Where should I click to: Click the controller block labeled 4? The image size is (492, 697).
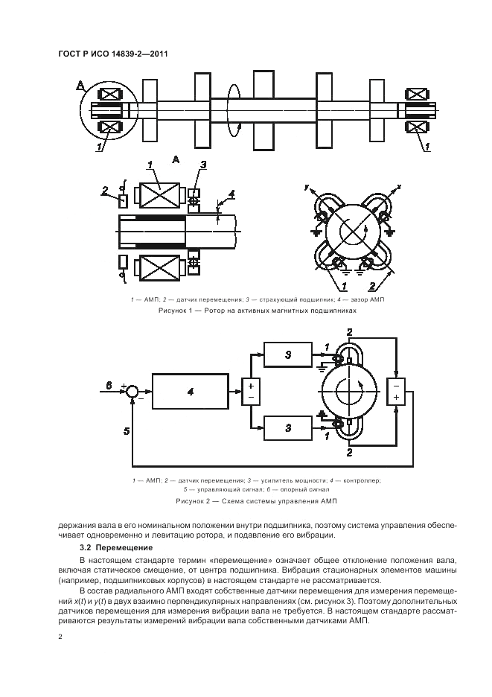coord(191,391)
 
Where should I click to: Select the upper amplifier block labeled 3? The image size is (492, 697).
coord(287,357)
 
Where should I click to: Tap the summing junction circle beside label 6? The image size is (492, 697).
coord(132,391)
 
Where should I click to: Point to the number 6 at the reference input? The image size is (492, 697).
coord(109,384)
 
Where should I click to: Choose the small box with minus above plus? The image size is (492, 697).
coord(397,391)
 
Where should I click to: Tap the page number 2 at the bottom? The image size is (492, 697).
coord(60,637)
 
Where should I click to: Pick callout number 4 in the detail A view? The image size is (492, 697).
coord(231,195)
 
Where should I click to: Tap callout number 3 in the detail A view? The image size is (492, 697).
coord(202,165)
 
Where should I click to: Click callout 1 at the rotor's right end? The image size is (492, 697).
coord(427,147)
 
